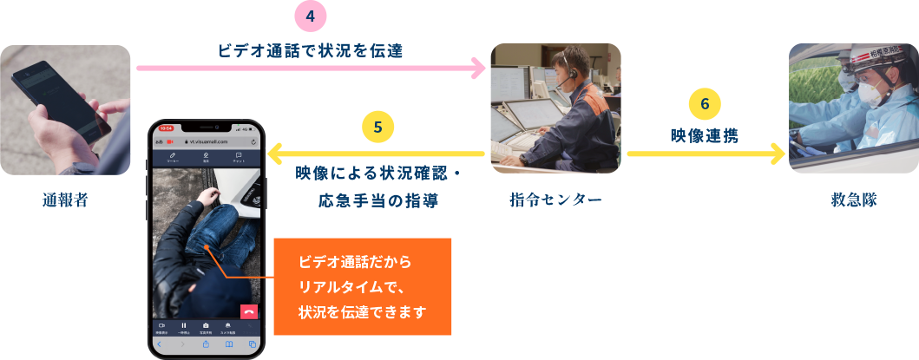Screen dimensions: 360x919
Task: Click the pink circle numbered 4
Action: pyautogui.click(x=311, y=16)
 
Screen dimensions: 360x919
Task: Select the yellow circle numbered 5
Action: pyautogui.click(x=377, y=127)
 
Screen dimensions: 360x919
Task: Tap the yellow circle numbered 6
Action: pyautogui.click(x=704, y=103)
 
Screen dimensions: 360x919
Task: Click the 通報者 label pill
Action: pyautogui.click(x=66, y=200)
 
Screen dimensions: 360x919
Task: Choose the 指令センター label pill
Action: pyautogui.click(x=556, y=200)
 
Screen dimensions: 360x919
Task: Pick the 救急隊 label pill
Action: pyautogui.click(x=853, y=200)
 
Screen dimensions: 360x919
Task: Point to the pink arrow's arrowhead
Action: pyautogui.click(x=479, y=68)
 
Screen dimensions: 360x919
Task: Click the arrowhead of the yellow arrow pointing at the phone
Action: pyautogui.click(x=275, y=154)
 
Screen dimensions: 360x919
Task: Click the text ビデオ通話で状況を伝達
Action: pyautogui.click(x=311, y=50)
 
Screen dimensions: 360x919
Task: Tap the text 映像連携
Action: pyautogui.click(x=704, y=135)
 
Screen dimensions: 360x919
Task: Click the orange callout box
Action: pyautogui.click(x=363, y=286)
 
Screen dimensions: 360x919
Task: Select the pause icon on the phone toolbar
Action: pyautogui.click(x=183, y=325)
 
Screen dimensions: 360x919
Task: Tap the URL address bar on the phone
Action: pyautogui.click(x=206, y=141)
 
